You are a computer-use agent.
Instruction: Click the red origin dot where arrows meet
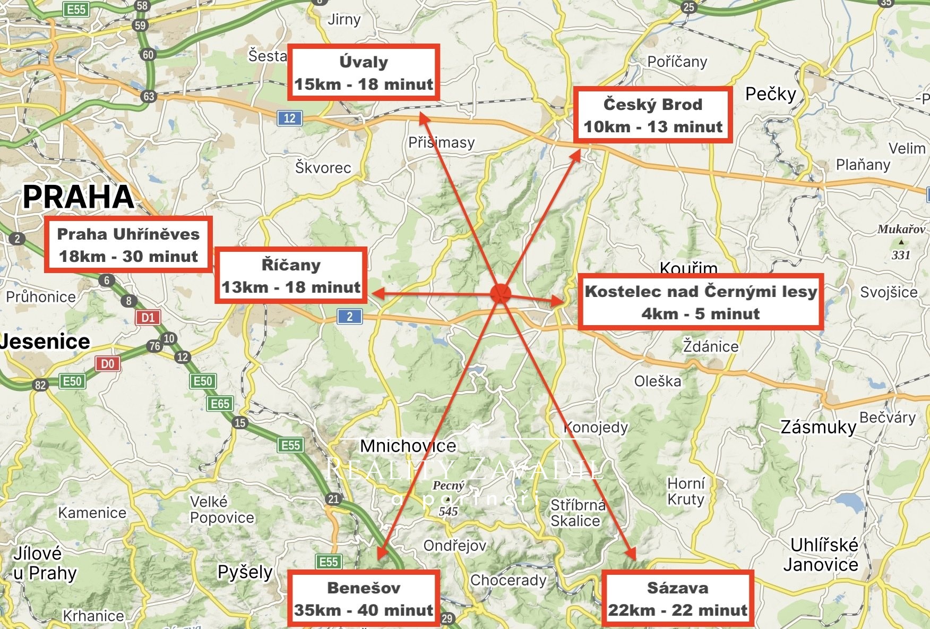coord(500,293)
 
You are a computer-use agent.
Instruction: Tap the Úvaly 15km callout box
coord(364,73)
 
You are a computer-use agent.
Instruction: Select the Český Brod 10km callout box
coord(653,115)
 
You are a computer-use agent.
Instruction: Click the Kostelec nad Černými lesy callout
coord(700,302)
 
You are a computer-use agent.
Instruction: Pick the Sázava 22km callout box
coord(677,599)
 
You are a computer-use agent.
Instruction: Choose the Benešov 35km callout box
coord(364,599)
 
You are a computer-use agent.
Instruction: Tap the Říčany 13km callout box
coord(291,276)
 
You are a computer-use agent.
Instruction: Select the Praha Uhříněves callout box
coord(128,245)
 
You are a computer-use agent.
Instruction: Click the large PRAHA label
coord(79,197)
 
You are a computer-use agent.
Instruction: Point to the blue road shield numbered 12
coord(289,118)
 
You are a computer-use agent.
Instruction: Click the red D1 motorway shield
coord(148,318)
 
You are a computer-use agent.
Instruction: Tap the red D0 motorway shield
coord(107,364)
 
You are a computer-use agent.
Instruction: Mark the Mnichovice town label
coord(408,446)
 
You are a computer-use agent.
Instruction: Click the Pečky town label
coord(771,94)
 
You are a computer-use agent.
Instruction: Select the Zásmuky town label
coord(819,427)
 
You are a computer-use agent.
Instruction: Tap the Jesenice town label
coord(46,341)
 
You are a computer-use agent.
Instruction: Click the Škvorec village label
coord(323,167)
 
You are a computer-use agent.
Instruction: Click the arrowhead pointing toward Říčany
coord(376,293)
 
